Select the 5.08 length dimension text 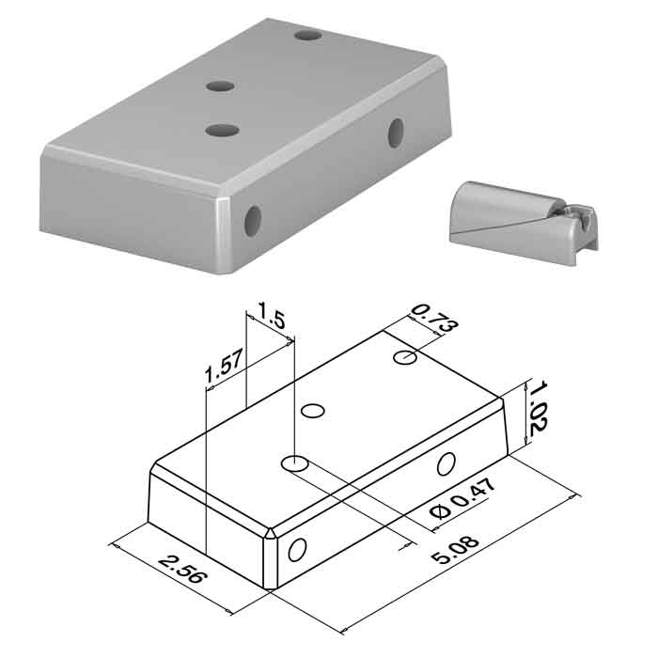pyautogui.click(x=455, y=550)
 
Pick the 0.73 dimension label pyautogui.click(x=434, y=319)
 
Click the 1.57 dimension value pyautogui.click(x=224, y=368)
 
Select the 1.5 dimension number pyautogui.click(x=271, y=315)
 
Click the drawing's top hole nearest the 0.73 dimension pyautogui.click(x=405, y=357)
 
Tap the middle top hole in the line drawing pyautogui.click(x=313, y=411)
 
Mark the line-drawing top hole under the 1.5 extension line pyautogui.click(x=295, y=463)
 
